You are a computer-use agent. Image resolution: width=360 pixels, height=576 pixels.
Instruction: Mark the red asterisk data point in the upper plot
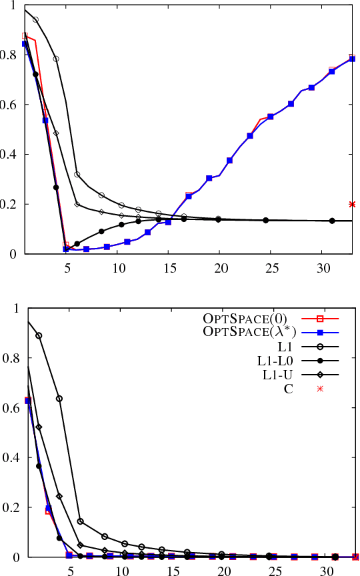352,204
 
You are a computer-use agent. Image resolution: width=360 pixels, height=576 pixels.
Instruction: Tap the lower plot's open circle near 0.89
39,335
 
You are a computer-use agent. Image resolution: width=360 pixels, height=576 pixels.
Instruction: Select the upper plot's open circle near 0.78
56,59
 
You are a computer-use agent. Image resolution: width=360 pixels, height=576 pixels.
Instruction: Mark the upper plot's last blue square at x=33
352,59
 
